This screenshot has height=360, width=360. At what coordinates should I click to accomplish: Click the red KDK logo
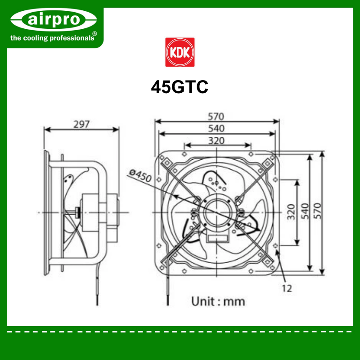tap(180, 52)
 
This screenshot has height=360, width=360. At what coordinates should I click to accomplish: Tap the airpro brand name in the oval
tap(54, 19)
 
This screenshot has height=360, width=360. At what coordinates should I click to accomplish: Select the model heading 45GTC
tap(180, 87)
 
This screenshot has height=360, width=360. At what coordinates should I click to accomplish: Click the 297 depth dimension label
tap(81, 125)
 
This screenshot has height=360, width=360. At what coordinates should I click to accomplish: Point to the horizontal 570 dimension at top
tap(216, 117)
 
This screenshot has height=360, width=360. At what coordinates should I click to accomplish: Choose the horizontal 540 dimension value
tap(216, 129)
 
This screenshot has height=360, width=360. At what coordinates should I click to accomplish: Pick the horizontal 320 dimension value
tap(216, 141)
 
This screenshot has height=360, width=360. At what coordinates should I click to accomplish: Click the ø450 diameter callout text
tap(140, 175)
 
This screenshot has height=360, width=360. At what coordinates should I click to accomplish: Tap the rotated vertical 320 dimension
tap(291, 212)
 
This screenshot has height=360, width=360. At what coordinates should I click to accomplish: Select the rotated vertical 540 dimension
tap(305, 211)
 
